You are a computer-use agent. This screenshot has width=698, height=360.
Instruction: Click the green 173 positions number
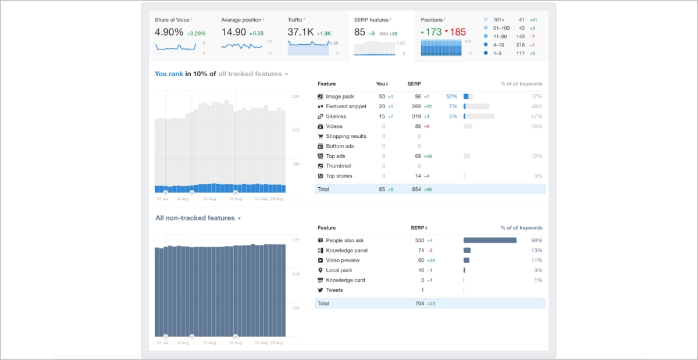coord(433,32)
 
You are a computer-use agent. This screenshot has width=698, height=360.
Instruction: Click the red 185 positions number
coord(457,32)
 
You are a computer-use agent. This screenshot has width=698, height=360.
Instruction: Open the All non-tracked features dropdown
coord(198,218)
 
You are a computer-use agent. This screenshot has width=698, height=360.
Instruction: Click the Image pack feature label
coord(340,97)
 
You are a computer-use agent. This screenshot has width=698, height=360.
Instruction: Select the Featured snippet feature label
coord(346,106)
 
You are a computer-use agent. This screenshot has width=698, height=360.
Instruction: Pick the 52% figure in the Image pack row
coord(451,97)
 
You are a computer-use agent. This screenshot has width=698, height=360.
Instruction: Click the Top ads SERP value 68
coord(418,156)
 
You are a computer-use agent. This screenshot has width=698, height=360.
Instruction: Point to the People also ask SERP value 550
coord(419,240)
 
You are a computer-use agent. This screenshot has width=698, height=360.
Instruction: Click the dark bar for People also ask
coord(490,240)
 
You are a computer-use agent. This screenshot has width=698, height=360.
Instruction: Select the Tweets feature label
coord(334,290)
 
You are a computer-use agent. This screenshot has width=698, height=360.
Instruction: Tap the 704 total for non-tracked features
coord(419,304)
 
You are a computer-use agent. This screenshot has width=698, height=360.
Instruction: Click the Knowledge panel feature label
coord(347,250)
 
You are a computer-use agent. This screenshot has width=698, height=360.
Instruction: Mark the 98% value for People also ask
coord(536,240)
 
